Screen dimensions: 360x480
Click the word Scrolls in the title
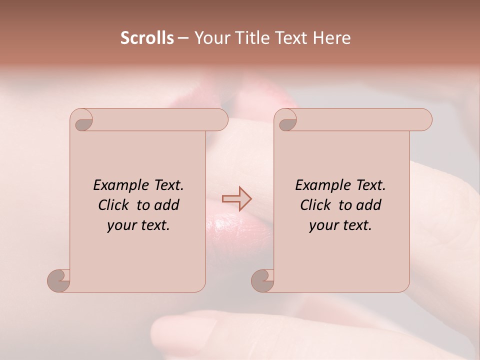tap(147, 38)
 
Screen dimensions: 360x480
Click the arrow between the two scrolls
tap(236, 198)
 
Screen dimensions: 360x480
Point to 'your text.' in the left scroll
tap(138, 225)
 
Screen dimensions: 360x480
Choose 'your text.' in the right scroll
tap(340, 225)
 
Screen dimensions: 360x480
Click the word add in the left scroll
tap(166, 205)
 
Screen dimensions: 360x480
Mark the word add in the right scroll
tap(368, 205)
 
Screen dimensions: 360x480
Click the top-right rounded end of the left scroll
tap(220, 120)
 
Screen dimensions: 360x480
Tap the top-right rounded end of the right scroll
tap(424, 120)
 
